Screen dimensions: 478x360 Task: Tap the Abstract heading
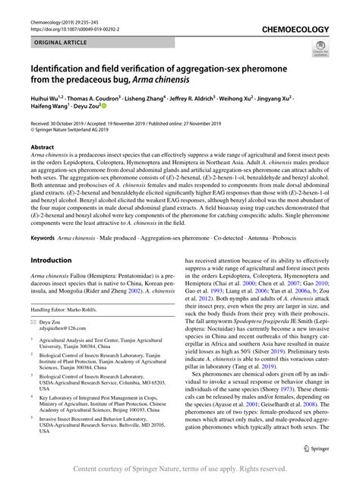pyautogui.click(x=43, y=146)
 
